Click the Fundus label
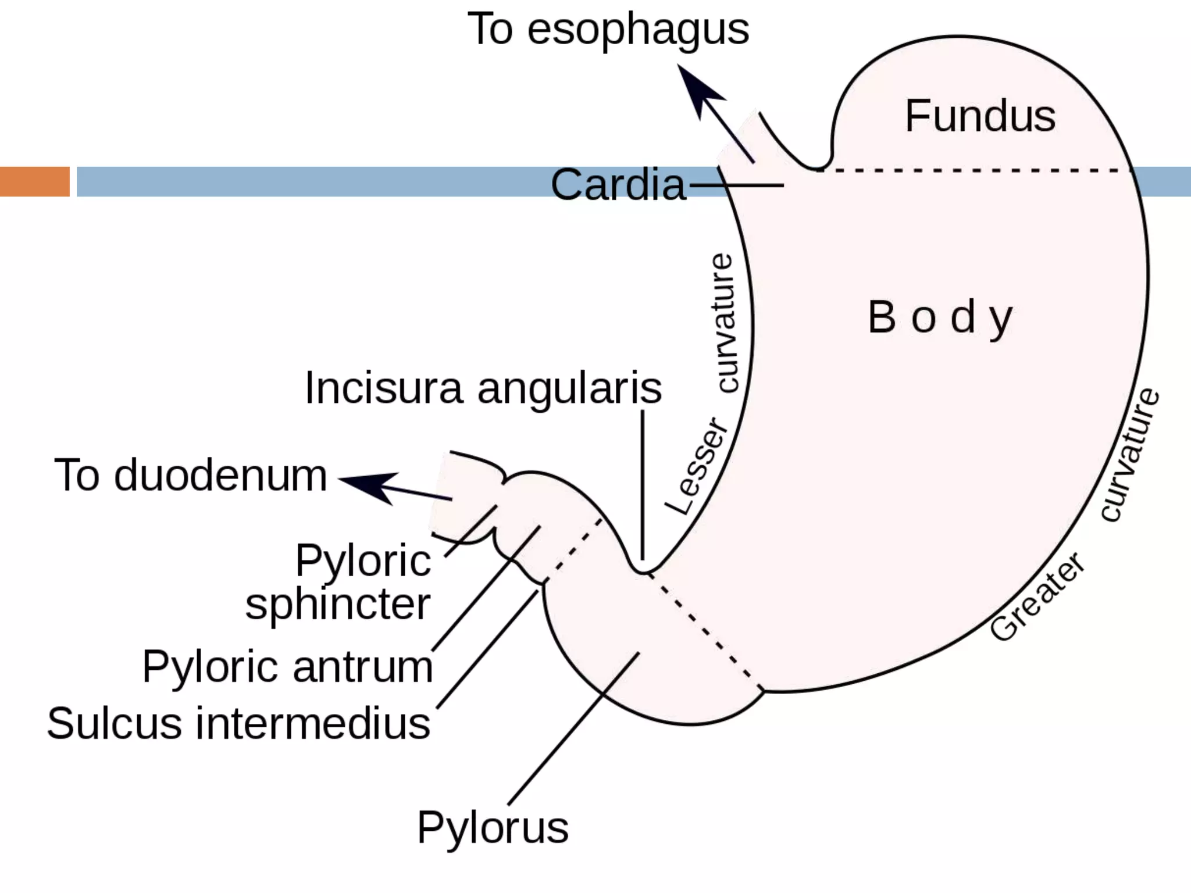(980, 116)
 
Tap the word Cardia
(618, 185)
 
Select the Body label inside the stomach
(940, 318)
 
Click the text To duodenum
(191, 476)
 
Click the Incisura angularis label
(483, 388)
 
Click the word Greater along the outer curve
(1037, 597)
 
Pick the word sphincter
(338, 605)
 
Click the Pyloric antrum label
(287, 667)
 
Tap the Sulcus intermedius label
(238, 724)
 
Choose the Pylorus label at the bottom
(493, 828)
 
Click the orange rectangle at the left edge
(34, 181)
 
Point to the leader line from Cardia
(736, 185)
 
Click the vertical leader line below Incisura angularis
(643, 483)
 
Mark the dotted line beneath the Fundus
(977, 170)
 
